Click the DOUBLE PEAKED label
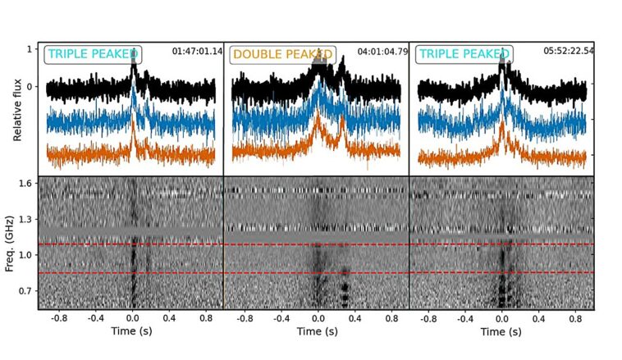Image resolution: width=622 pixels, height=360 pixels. coord(279,55)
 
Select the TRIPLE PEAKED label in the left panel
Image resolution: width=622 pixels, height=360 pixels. coord(94,54)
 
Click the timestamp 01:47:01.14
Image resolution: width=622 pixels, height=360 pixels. coord(197,51)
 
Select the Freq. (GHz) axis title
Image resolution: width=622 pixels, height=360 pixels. coord(18,242)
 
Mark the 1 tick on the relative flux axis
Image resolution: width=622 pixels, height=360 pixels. coord(30,49)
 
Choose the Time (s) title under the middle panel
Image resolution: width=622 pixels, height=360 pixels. coord(317,331)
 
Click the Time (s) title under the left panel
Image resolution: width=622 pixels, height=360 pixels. coord(131,331)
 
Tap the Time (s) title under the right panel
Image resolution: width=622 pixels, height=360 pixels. coord(501,331)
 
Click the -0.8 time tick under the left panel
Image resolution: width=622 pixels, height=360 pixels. coord(57,317)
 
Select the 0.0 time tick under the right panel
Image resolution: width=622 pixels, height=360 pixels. coord(501,317)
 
